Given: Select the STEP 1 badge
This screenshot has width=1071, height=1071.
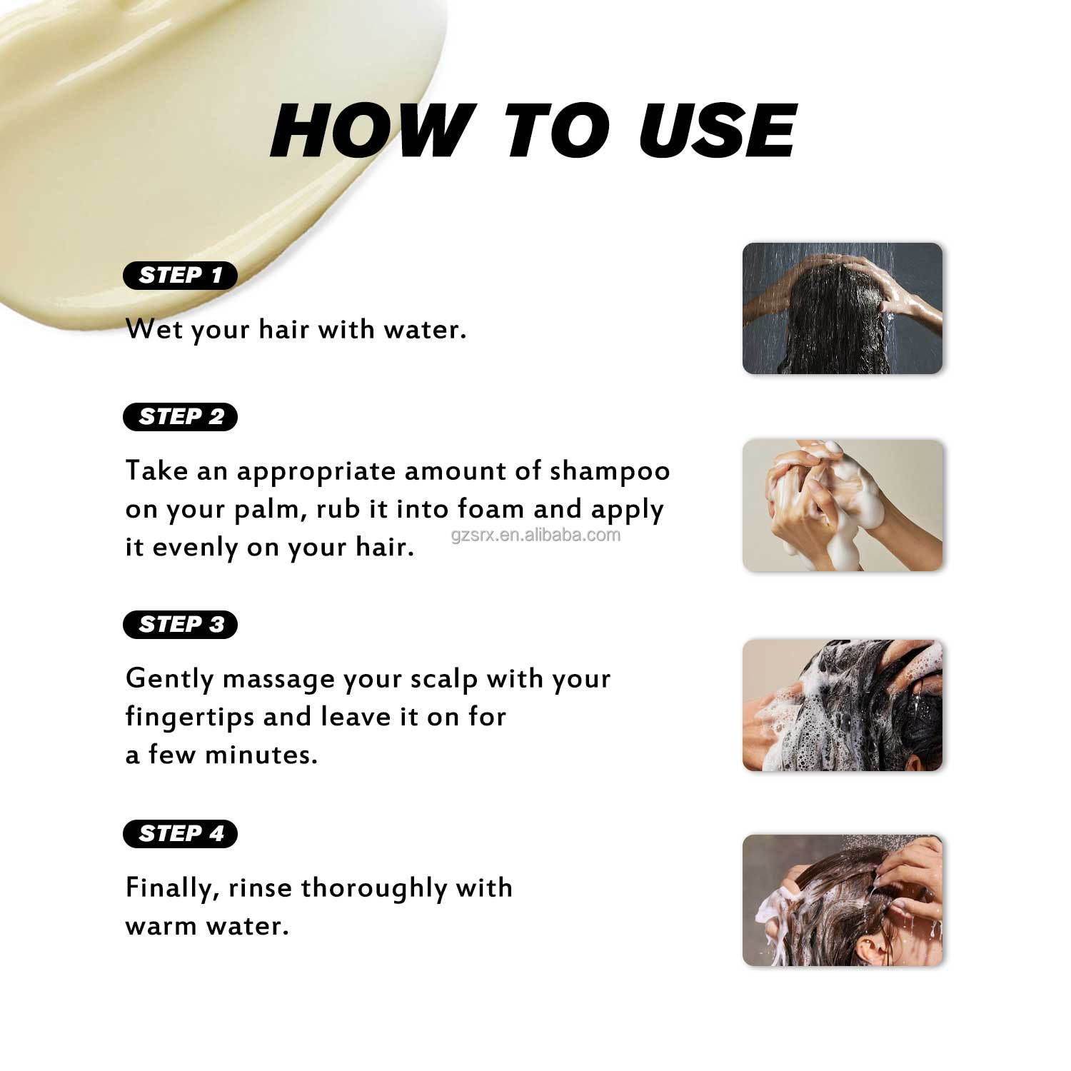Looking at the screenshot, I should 180,276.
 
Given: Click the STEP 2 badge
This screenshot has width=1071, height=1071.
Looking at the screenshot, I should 180,417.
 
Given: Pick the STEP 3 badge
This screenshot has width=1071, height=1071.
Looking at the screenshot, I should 180,625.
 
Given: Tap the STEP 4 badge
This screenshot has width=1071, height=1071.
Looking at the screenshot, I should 180,834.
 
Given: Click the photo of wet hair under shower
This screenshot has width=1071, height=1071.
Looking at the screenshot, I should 843,308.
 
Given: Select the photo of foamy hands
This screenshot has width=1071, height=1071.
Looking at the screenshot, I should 843,506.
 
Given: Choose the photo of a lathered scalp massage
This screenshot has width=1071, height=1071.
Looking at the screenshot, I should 843,705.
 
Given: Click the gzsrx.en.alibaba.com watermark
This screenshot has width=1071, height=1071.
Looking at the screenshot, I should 535,535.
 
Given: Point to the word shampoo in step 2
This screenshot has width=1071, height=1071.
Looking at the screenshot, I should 610,472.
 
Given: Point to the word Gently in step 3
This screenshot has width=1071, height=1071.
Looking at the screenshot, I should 169,679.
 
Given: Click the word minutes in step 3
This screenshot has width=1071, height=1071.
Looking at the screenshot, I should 261,755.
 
